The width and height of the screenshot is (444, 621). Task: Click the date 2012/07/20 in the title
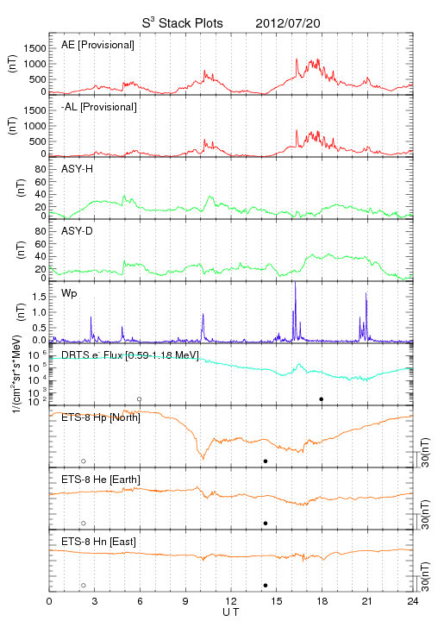pyautogui.click(x=288, y=23)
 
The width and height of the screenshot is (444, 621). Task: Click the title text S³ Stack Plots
pyautogui.click(x=183, y=23)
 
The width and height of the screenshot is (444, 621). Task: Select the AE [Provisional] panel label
pyautogui.click(x=97, y=45)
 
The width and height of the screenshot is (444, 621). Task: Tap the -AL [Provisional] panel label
pyautogui.click(x=99, y=107)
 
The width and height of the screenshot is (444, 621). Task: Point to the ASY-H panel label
pyautogui.click(x=78, y=169)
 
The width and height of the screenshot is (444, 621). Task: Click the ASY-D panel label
pyautogui.click(x=78, y=231)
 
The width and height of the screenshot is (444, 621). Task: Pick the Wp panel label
pyautogui.click(x=69, y=294)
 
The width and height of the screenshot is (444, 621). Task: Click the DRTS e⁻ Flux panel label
pyautogui.click(x=130, y=354)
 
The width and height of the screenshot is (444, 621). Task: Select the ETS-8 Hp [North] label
pyautogui.click(x=101, y=417)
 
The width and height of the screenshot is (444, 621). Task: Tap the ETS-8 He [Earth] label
pyautogui.click(x=101, y=480)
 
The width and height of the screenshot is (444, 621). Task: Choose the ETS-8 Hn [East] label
pyautogui.click(x=98, y=542)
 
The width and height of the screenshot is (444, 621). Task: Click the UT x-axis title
pyautogui.click(x=231, y=612)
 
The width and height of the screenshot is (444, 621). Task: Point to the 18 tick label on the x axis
pyautogui.click(x=322, y=601)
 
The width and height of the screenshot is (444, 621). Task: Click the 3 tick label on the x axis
pyautogui.click(x=95, y=601)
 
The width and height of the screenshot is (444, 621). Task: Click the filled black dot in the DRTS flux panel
pyautogui.click(x=322, y=399)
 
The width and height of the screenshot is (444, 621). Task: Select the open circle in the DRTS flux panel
pyautogui.click(x=140, y=399)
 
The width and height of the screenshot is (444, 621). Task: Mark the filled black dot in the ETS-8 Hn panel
pyautogui.click(x=266, y=586)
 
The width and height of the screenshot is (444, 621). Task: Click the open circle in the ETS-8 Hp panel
pyautogui.click(x=84, y=461)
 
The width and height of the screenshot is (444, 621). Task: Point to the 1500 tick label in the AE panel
pyautogui.click(x=35, y=48)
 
